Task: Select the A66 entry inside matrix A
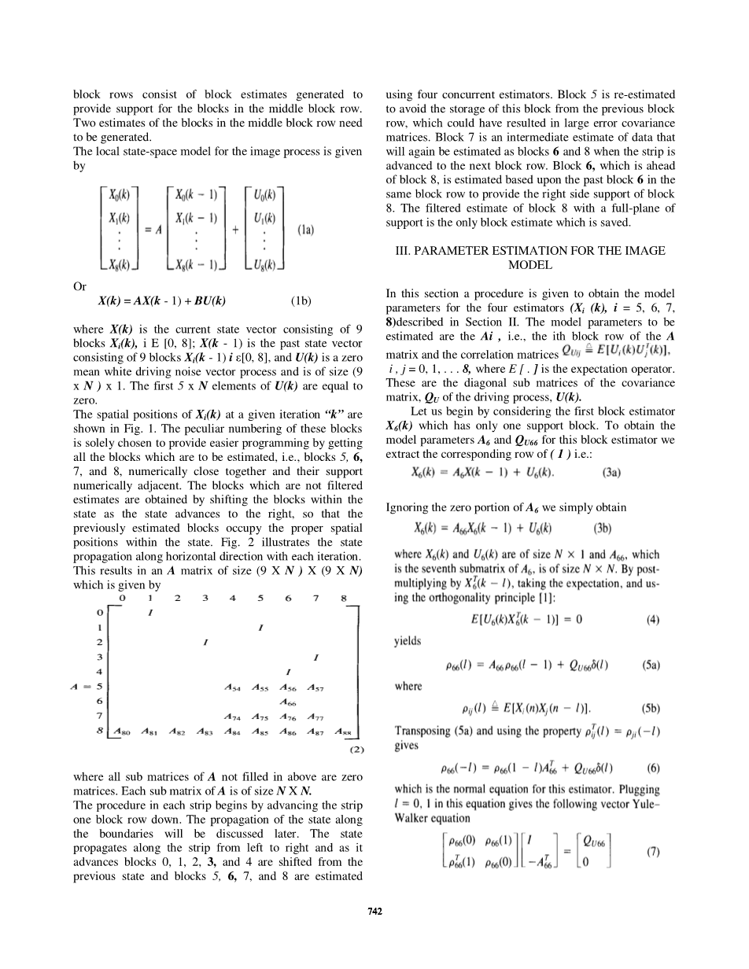pyautogui.click(x=286, y=701)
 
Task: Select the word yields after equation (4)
pyautogui.click(x=408, y=641)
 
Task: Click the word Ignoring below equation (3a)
pyautogui.click(x=411, y=508)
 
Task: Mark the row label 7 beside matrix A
pyautogui.click(x=99, y=716)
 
